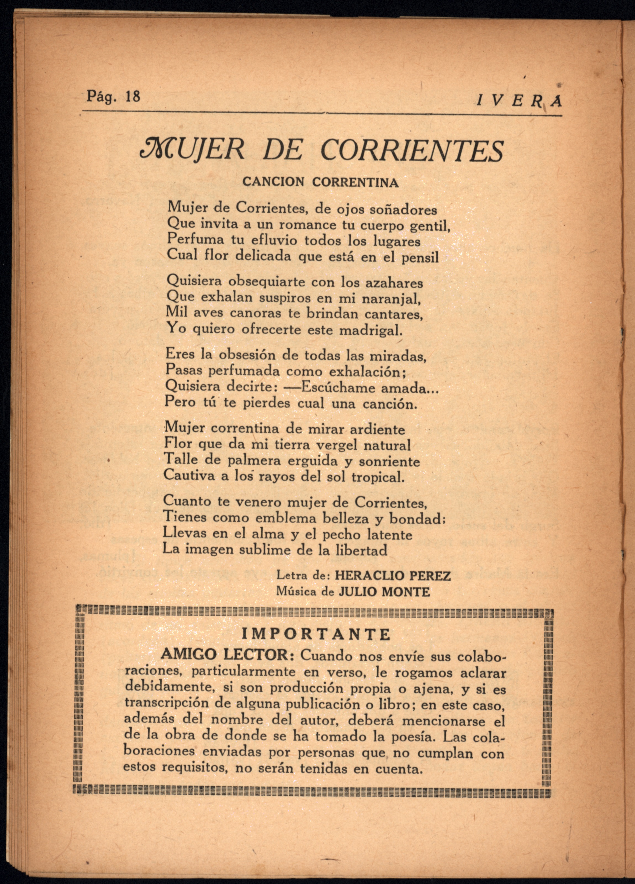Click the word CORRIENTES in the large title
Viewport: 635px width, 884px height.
click(411, 151)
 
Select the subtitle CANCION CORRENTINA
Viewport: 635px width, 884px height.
click(320, 182)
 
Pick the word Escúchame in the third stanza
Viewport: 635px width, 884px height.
click(337, 388)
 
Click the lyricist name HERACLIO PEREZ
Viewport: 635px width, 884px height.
click(393, 576)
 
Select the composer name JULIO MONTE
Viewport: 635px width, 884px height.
click(384, 592)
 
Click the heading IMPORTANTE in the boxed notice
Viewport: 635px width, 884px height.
click(316, 634)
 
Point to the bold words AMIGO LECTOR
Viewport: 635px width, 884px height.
click(224, 655)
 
